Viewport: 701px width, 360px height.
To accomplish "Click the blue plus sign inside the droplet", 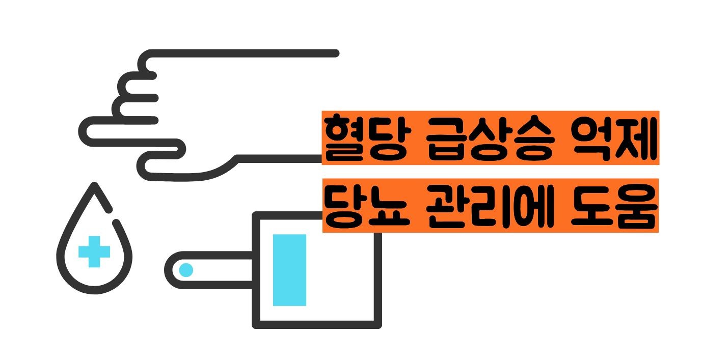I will point(94,251).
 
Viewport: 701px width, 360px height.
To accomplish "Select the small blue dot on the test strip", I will point(186,270).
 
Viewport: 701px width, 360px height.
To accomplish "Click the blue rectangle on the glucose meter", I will point(289,270).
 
